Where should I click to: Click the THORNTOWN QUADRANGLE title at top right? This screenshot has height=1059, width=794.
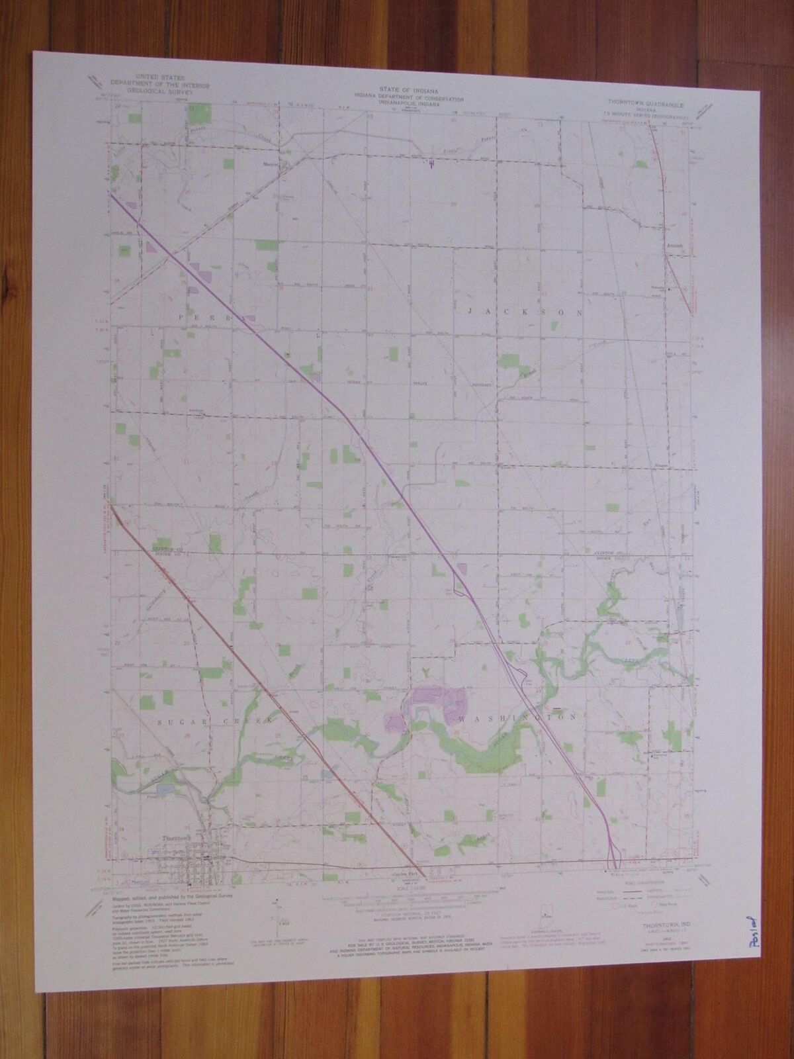click(644, 105)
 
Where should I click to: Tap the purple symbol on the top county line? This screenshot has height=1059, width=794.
click(431, 161)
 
